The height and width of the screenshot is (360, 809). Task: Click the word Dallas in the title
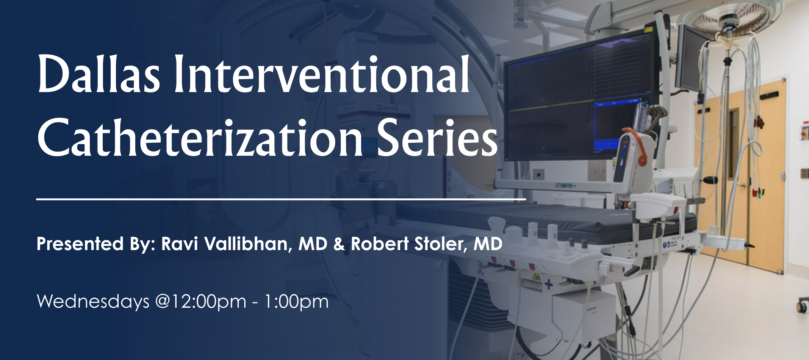pyautogui.click(x=99, y=74)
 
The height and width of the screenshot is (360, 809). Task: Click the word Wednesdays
pyautogui.click(x=93, y=302)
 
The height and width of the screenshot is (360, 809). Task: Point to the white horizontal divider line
pyautogui.click(x=281, y=199)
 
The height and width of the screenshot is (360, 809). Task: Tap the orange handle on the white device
pyautogui.click(x=640, y=148)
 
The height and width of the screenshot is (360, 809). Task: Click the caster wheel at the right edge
pyautogui.click(x=803, y=305)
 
